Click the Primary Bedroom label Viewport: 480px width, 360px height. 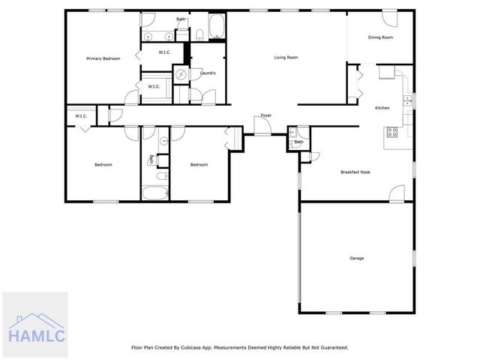tap(103, 58)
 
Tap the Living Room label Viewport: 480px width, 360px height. tap(286, 57)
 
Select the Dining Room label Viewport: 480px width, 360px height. tap(380, 37)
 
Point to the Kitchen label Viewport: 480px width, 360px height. tap(382, 108)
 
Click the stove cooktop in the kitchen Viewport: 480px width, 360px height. tap(391, 132)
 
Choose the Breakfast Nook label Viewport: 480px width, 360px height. tap(355, 172)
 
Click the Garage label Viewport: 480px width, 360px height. tap(356, 258)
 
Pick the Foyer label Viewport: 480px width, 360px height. tap(265, 115)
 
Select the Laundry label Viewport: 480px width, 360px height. tap(208, 73)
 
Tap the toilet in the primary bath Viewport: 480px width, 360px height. tap(199, 33)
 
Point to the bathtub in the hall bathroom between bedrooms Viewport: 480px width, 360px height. tap(155, 193)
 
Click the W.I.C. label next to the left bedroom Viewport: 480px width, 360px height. tap(81, 115)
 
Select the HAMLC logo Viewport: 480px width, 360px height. tap(34, 324)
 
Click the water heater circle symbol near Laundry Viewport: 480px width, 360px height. tap(181, 73)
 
